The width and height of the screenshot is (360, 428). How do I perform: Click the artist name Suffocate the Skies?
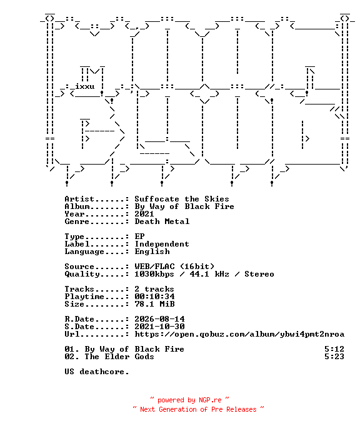click(x=182, y=199)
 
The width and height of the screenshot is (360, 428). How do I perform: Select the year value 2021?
click(x=144, y=214)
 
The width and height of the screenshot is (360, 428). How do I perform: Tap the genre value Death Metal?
click(x=162, y=222)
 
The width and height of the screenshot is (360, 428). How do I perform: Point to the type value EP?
click(x=139, y=237)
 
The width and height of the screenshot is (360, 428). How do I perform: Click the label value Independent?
click(x=162, y=244)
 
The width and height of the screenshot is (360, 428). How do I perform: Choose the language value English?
click(x=152, y=252)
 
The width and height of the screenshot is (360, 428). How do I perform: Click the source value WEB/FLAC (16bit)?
click(x=174, y=267)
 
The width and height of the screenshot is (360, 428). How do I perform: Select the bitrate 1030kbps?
click(x=154, y=274)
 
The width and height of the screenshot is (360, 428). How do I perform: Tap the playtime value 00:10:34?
click(x=154, y=297)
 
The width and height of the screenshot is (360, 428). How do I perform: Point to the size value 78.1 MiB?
click(x=154, y=304)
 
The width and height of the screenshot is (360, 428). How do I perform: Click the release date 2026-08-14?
click(x=159, y=319)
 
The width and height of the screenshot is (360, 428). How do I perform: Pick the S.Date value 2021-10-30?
click(x=159, y=327)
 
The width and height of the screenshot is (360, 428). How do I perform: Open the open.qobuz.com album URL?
click(x=239, y=334)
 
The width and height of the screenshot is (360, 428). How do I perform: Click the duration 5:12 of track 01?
click(x=334, y=349)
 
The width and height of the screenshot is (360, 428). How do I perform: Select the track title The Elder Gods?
click(x=119, y=357)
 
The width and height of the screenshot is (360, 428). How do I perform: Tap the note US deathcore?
click(x=96, y=372)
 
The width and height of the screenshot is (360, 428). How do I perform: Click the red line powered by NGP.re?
click(x=190, y=400)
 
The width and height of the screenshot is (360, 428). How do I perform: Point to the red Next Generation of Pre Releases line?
click(x=198, y=409)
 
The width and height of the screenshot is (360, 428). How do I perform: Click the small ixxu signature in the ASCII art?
click(x=85, y=86)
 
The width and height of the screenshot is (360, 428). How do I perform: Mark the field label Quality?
click(x=82, y=274)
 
